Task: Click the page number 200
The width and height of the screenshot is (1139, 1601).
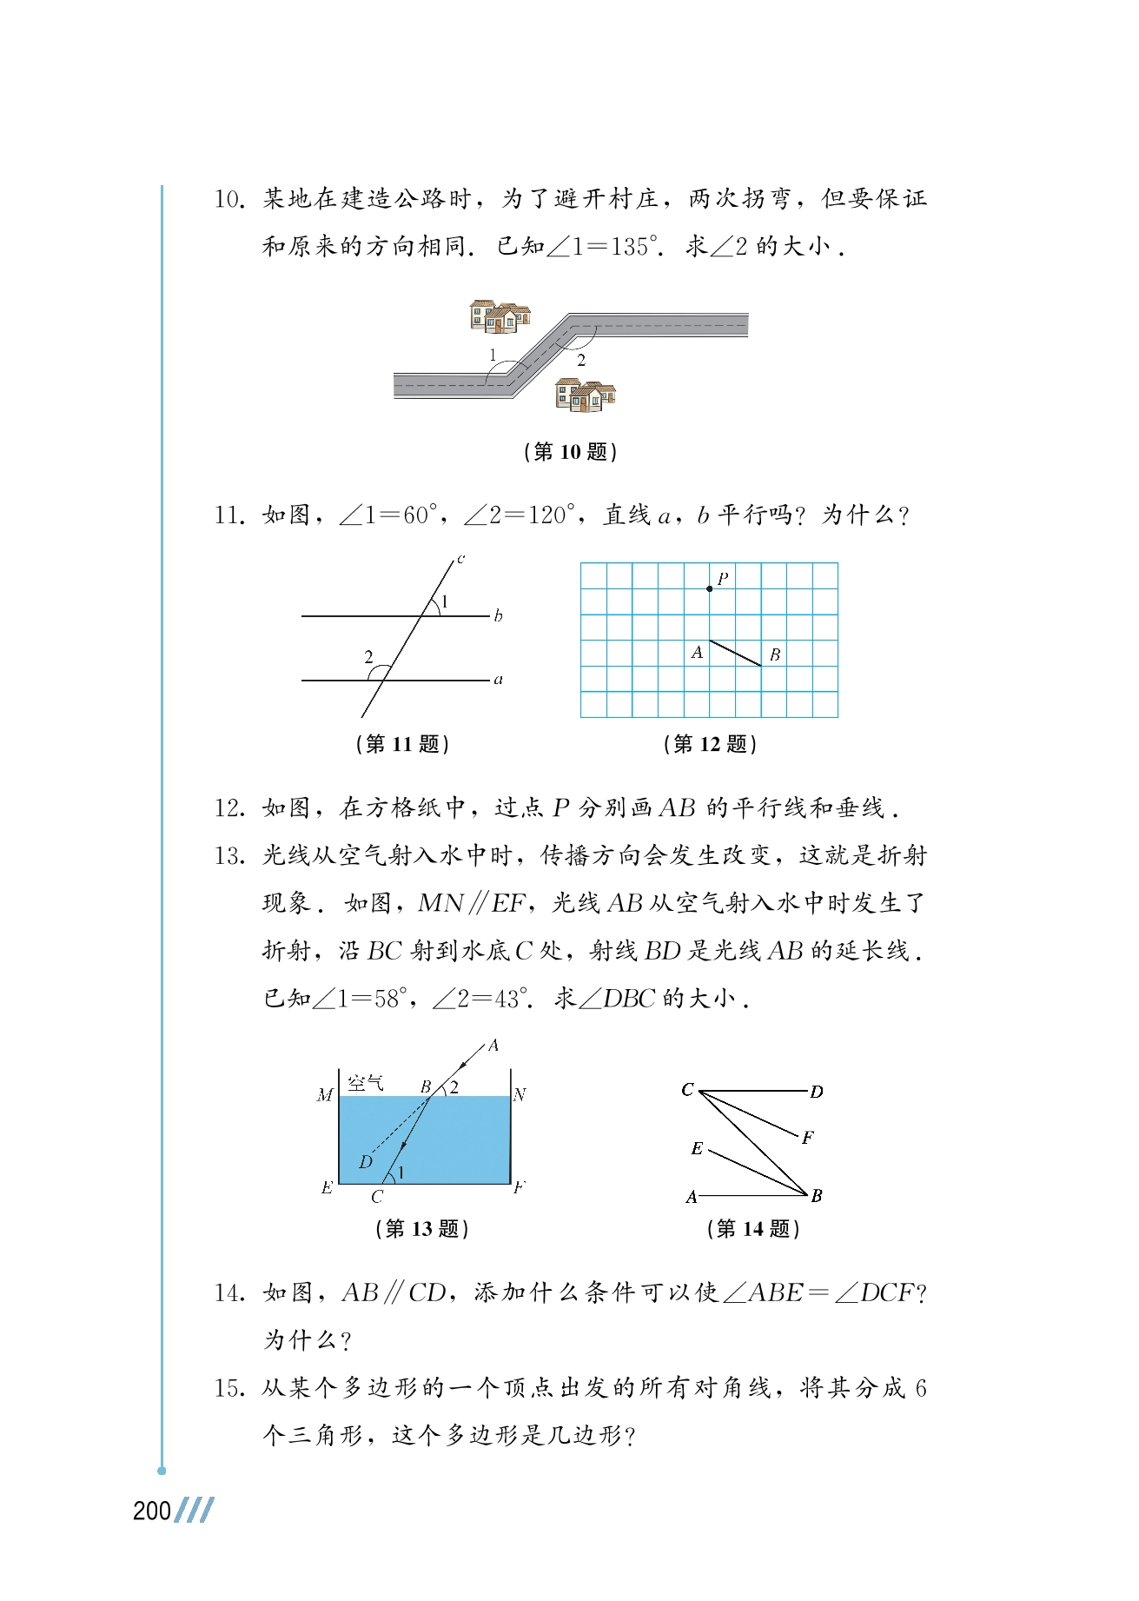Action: [152, 1511]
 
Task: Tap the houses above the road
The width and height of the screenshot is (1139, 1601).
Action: [499, 316]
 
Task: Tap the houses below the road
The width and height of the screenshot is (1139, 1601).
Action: [585, 395]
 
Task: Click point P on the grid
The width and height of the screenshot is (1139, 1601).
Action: [710, 588]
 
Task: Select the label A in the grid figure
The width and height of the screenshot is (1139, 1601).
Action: [697, 652]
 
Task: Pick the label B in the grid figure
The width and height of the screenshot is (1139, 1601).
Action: [775, 654]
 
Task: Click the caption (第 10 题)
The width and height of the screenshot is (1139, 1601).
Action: [571, 452]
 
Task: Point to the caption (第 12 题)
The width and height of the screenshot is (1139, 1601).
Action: [710, 744]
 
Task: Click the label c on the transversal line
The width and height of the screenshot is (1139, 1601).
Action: [460, 559]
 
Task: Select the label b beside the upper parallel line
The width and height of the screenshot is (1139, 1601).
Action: [498, 616]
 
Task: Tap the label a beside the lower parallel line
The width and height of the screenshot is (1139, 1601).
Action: [498, 680]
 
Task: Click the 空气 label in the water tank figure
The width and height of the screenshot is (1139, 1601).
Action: [365, 1083]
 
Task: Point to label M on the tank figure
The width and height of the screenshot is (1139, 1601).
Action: [325, 1095]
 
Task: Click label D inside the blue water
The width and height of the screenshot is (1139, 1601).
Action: [366, 1162]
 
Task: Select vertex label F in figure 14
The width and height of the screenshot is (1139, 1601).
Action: [808, 1138]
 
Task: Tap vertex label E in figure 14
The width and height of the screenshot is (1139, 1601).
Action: [697, 1149]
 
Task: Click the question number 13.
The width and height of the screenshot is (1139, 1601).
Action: [229, 856]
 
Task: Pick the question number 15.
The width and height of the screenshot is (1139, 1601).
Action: [229, 1388]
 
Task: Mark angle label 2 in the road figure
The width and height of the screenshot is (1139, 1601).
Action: [581, 360]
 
